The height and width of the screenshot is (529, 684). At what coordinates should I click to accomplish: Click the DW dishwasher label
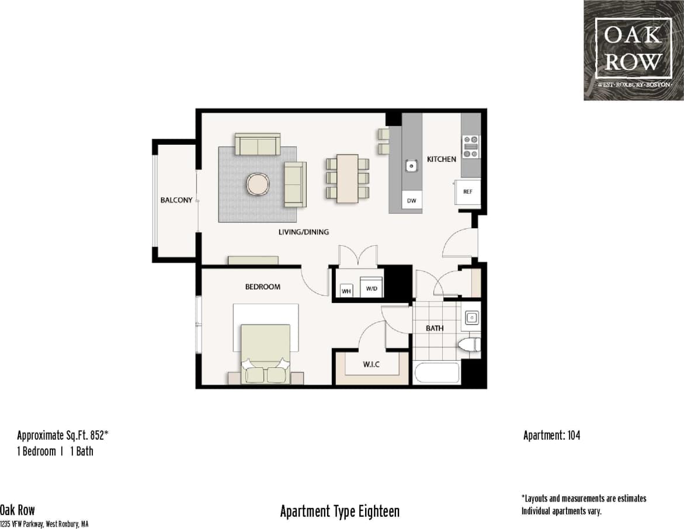412,201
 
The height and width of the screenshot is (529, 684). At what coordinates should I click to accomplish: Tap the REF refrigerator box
468,192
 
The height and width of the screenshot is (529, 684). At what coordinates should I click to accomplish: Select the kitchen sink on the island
412,166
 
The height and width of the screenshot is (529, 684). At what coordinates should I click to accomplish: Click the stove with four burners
470,147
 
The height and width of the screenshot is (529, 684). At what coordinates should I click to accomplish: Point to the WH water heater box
346,290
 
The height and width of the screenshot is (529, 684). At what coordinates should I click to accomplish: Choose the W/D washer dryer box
371,288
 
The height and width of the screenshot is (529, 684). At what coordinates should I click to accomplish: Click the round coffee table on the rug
258,184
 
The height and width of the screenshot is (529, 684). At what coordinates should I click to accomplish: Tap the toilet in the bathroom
470,344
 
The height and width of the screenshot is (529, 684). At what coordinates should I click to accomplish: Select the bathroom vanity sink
471,318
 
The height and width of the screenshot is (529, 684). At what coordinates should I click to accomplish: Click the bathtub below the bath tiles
436,373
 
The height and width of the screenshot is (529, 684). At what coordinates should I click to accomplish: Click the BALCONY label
176,200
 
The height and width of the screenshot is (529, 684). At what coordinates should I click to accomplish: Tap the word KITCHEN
442,159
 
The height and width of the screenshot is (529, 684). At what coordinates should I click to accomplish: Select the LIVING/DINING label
303,232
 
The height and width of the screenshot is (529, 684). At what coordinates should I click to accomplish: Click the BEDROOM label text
262,287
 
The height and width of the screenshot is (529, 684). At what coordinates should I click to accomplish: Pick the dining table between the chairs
348,178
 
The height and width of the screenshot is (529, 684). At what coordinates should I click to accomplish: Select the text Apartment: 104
551,435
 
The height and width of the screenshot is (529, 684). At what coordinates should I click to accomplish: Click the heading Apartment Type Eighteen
340,511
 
